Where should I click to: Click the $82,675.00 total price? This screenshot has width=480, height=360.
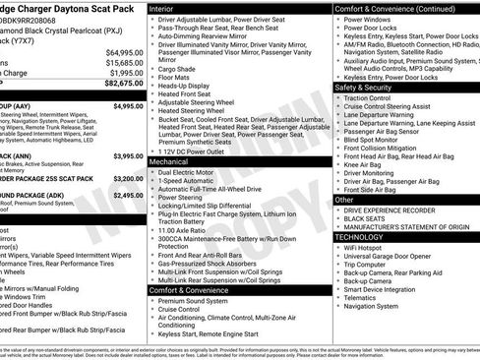tap(118, 86)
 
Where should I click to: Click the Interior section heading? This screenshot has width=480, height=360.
tap(163, 8)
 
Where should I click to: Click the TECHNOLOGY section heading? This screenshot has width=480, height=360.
tap(361, 237)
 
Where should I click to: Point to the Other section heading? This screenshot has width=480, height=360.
tap(344, 200)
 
